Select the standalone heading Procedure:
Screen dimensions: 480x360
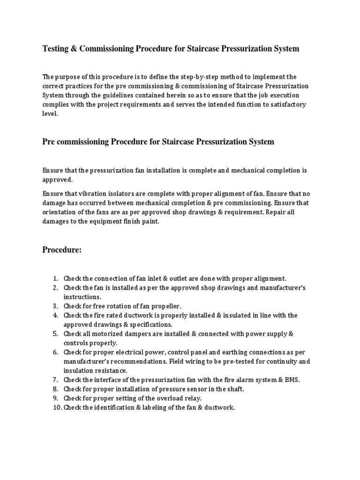coord(62,250)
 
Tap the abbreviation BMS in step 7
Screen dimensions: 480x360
coord(291,380)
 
